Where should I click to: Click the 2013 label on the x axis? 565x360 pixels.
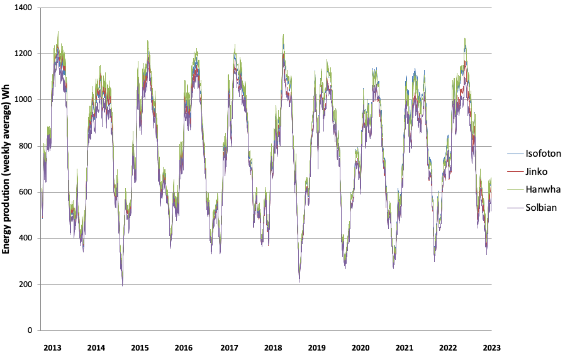[52, 347]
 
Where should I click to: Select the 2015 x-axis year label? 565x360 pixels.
[140, 347]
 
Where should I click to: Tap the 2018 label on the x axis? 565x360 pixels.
[272, 347]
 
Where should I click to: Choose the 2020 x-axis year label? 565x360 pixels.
[361, 347]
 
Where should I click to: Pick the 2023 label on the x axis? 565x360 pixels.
[492, 347]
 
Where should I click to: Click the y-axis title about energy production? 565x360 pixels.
[7, 170]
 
